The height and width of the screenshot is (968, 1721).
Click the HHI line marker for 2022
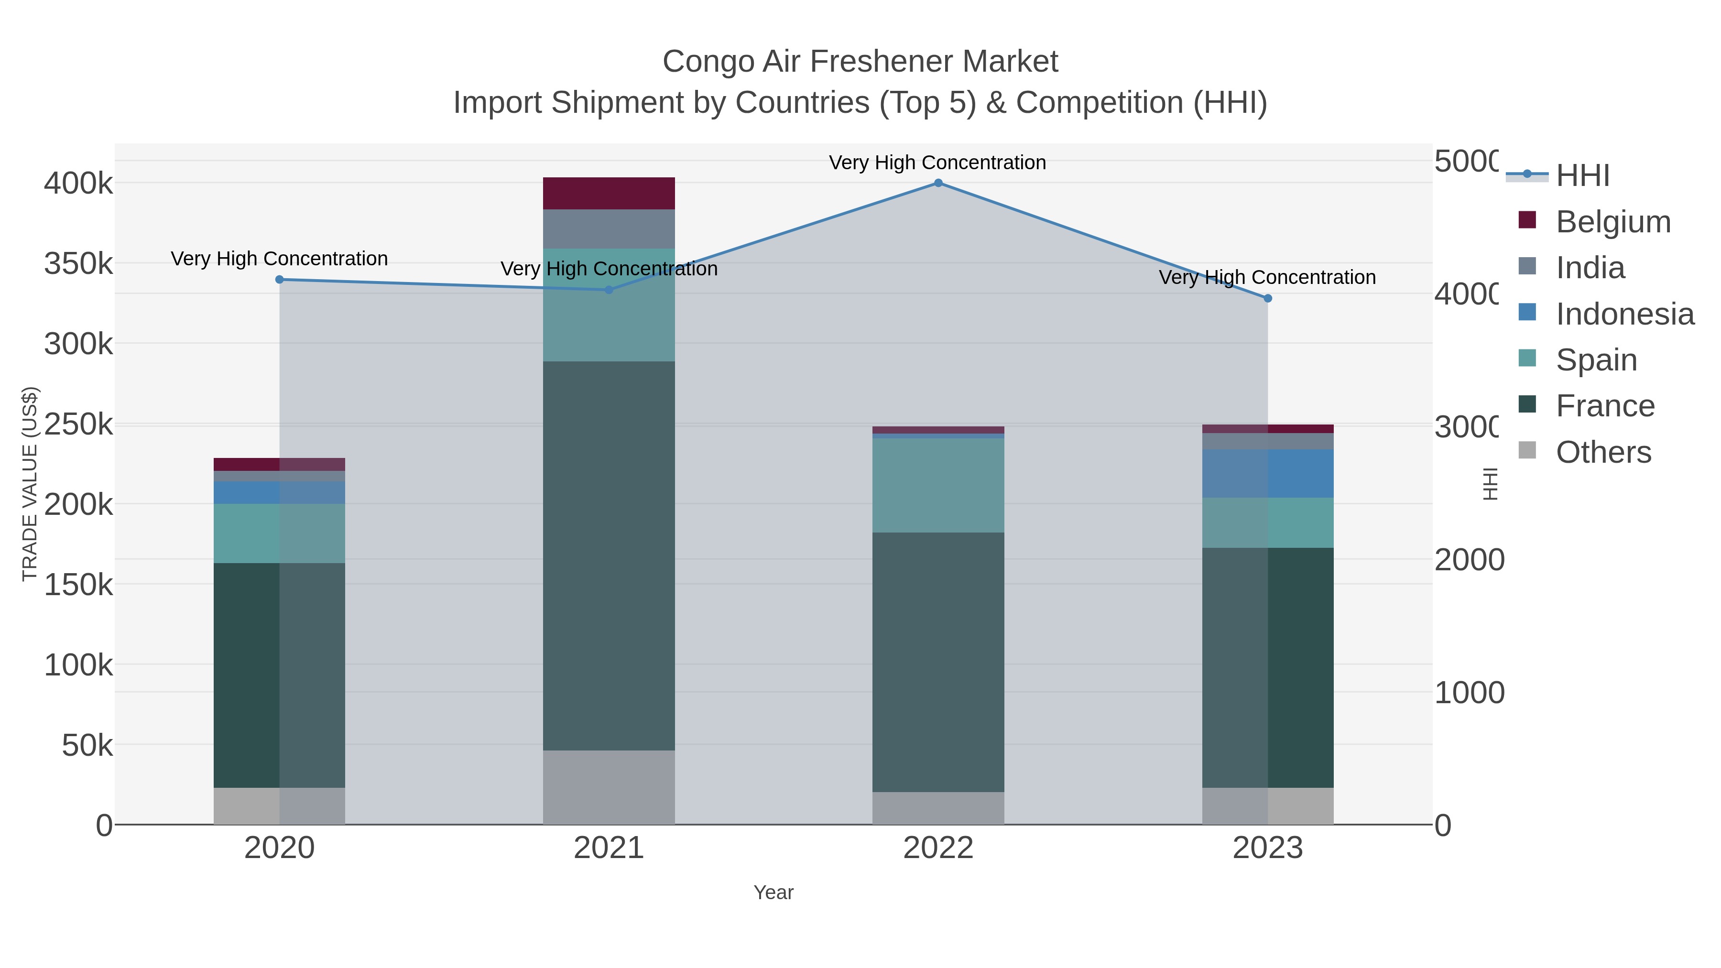[x=938, y=183]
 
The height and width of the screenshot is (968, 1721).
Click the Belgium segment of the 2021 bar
[x=609, y=194]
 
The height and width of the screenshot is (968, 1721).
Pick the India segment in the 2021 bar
[x=609, y=229]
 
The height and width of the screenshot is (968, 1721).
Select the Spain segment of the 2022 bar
[x=938, y=485]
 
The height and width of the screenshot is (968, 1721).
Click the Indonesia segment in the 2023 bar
[x=1267, y=474]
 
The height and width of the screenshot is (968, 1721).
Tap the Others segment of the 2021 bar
[x=609, y=787]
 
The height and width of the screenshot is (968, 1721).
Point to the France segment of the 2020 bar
[x=279, y=674]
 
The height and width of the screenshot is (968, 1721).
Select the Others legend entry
[x=1603, y=452]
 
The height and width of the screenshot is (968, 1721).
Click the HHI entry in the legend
[x=1582, y=176]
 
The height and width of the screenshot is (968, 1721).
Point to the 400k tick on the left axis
[x=79, y=184]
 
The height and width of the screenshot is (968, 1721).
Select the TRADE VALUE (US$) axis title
[x=29, y=484]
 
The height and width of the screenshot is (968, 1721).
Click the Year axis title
[x=773, y=892]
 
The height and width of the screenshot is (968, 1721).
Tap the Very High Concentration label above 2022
[x=937, y=163]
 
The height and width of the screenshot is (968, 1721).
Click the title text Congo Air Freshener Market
[x=860, y=62]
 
